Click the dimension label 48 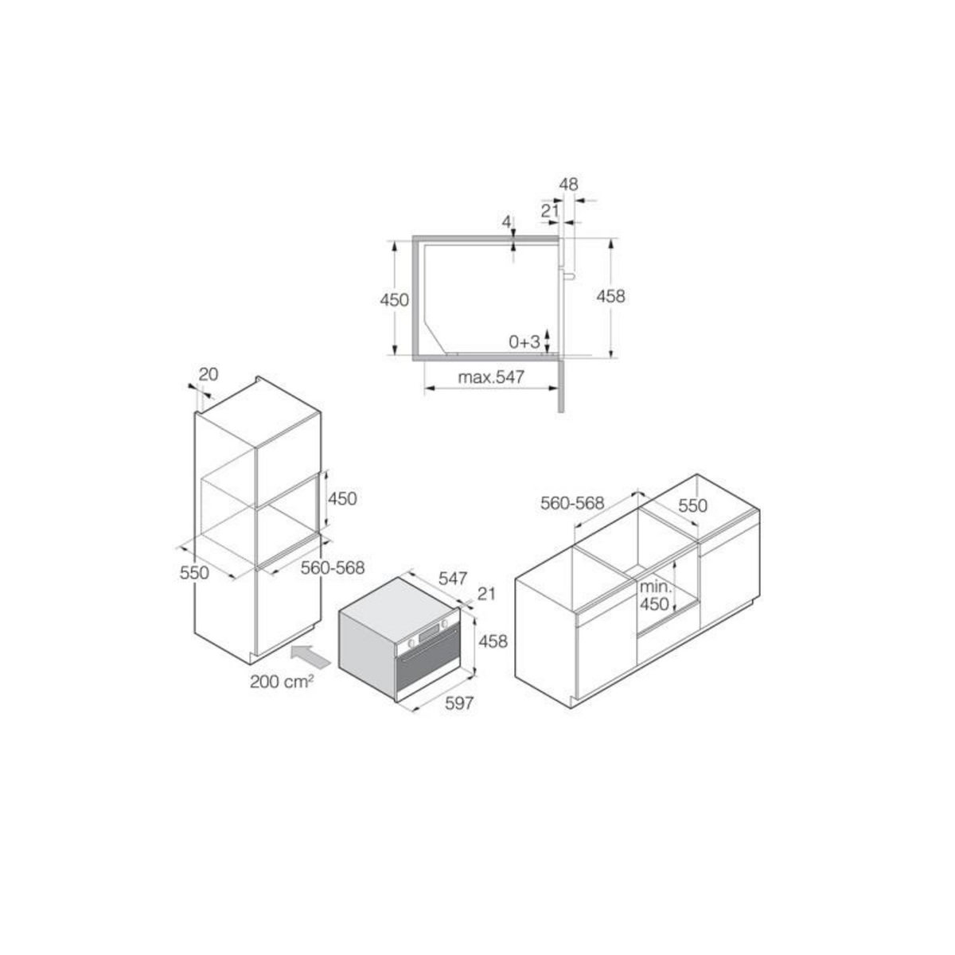(568, 185)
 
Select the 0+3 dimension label (524, 342)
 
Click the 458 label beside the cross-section (610, 296)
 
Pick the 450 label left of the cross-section (394, 300)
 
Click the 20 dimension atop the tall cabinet (208, 373)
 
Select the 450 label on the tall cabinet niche (342, 499)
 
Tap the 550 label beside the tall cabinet (193, 572)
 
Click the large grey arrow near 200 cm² (313, 657)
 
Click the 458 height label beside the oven (493, 641)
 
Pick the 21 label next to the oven (486, 593)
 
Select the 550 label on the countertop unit (692, 506)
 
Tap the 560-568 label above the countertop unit (573, 503)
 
